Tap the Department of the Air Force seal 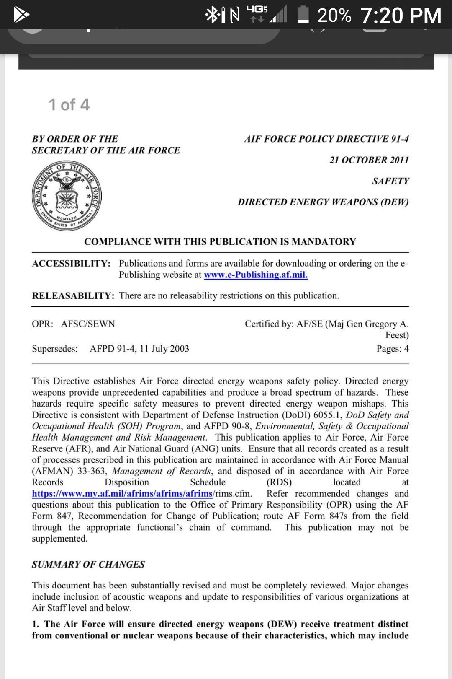coord(67,195)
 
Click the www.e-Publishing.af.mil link coord(256,275)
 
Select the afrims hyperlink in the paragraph coord(122,494)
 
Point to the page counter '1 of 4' coord(69,105)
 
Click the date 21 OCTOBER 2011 coord(369,160)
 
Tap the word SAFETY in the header coord(390,181)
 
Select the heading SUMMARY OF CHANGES coord(88,565)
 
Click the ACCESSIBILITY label coord(71,264)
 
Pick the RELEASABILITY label coord(73,296)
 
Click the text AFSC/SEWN coord(88,324)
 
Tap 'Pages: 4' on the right coord(392,349)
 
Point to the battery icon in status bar coord(303,15)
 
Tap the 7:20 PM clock coord(401,16)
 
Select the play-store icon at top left coord(21,15)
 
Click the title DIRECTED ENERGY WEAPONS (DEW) coord(323,202)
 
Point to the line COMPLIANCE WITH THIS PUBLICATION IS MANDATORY coord(220,242)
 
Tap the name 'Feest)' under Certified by coord(397,335)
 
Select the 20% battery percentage coord(334,16)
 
